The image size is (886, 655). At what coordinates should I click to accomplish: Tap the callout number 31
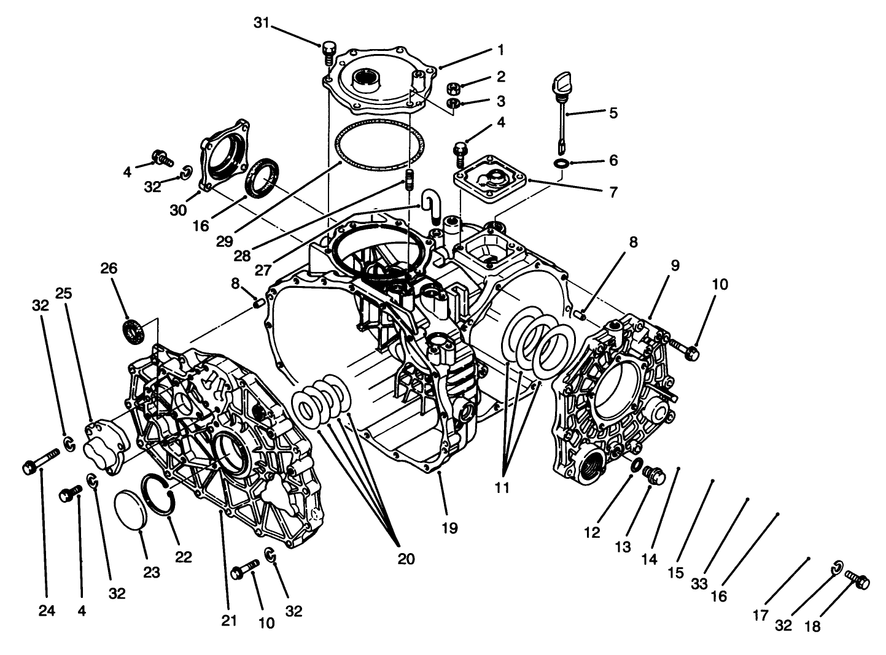point(262,23)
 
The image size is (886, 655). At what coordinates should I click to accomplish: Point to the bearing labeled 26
point(133,330)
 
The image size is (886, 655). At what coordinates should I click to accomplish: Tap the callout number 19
point(450,528)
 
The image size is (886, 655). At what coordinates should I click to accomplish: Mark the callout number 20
point(406,559)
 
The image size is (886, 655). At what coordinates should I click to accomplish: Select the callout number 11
point(502,489)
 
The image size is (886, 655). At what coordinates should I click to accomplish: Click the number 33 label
point(699,584)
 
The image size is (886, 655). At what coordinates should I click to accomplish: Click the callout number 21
point(229,621)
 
